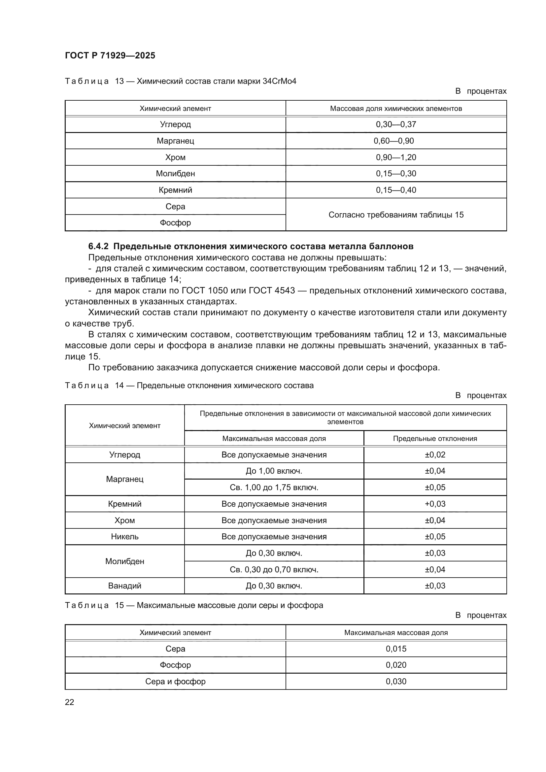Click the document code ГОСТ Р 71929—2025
coord(110,55)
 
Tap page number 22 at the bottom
coord(69,702)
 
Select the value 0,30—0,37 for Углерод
coord(396,124)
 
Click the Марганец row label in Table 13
coord(175,141)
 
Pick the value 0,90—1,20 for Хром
coord(396,157)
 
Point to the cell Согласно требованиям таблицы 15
coord(396,215)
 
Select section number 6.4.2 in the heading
coord(98,246)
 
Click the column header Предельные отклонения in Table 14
coord(435,438)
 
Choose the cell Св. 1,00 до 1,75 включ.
coord(274,487)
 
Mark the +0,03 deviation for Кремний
coord(435,504)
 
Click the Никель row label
coord(125,536)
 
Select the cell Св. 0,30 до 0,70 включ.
coord(274,570)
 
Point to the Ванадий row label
coord(125,586)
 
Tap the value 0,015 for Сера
coord(396,649)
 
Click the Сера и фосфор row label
coord(175,681)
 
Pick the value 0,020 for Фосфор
coord(396,665)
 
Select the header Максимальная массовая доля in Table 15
coord(396,632)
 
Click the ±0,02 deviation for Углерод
coord(435,454)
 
